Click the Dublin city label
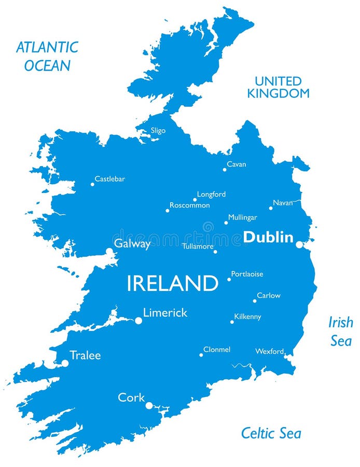268,237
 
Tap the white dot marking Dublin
299,244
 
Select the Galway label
132,244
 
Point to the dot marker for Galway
109,251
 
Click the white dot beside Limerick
139,321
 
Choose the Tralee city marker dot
65,363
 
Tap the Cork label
131,397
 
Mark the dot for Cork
149,405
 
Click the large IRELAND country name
172,283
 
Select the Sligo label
158,131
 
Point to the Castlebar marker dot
92,184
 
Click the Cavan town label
237,164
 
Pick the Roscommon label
190,205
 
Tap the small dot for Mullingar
226,223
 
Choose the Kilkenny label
247,317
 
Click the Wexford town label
269,351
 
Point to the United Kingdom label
278,87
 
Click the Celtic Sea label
271,433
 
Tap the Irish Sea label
340,331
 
